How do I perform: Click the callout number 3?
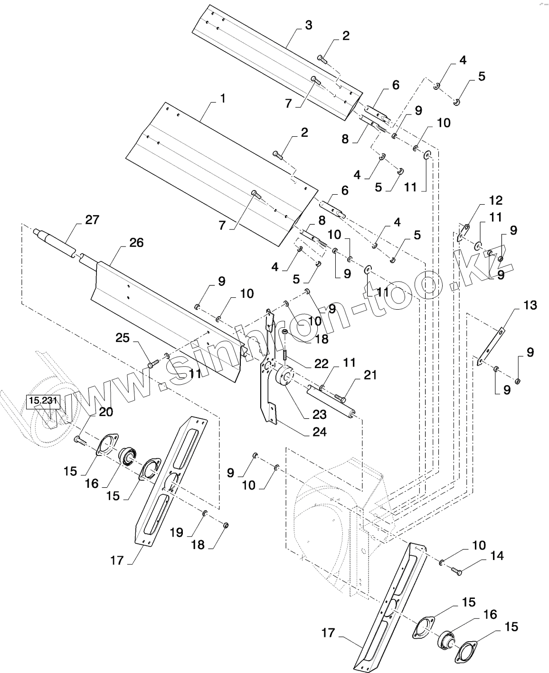(x=309, y=25)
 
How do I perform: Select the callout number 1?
(x=222, y=99)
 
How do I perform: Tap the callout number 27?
(x=92, y=220)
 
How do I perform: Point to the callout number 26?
(x=136, y=243)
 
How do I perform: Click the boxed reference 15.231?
(x=43, y=401)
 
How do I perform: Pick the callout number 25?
(x=123, y=338)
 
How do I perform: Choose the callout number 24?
(x=320, y=432)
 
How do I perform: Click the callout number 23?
(x=320, y=415)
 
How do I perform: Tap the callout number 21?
(x=370, y=375)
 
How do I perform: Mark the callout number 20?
(x=106, y=412)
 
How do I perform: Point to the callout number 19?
(x=177, y=532)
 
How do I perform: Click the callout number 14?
(x=497, y=555)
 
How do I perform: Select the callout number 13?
(x=530, y=305)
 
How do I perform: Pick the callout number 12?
(x=496, y=200)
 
